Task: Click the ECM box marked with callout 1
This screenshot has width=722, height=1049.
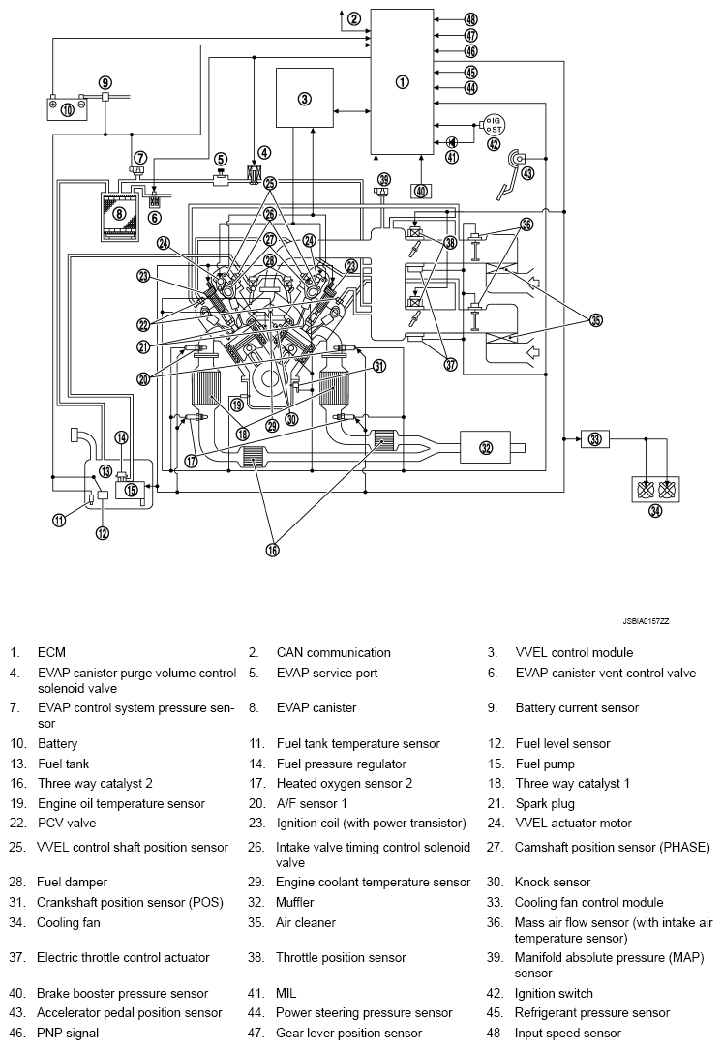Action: tap(403, 81)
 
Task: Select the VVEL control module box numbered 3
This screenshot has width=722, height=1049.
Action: tap(304, 98)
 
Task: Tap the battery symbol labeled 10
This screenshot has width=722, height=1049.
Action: tap(67, 107)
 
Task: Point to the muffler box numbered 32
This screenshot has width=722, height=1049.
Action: tap(486, 447)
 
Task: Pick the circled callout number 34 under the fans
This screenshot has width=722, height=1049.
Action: tap(656, 510)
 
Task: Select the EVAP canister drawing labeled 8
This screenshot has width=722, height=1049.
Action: tap(120, 215)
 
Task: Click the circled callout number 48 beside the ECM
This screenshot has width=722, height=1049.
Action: tap(470, 19)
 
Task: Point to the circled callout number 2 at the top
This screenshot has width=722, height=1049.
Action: tap(354, 18)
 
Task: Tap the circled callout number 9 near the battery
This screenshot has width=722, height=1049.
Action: tap(105, 82)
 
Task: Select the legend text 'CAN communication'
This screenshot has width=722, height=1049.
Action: tap(333, 653)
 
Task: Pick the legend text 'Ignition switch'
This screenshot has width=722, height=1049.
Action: tap(554, 993)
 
